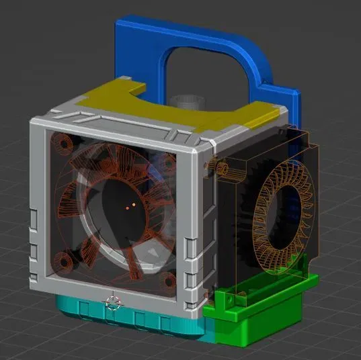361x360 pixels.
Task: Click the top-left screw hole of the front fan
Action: [x=65, y=144]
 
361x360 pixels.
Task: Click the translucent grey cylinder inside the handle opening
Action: [x=186, y=101]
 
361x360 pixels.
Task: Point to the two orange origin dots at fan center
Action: [x=130, y=204]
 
